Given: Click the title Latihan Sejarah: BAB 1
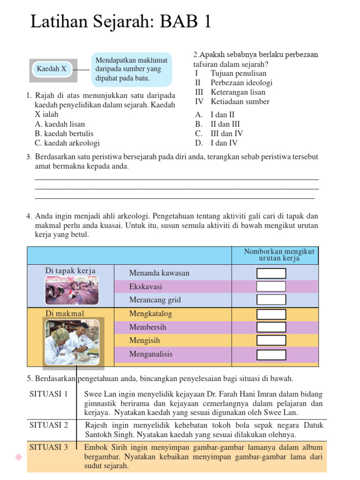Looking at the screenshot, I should (x=121, y=22).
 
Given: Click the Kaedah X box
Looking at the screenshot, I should (x=52, y=69).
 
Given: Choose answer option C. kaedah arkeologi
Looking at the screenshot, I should (x=67, y=143).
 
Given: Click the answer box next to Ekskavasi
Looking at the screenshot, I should (x=271, y=286).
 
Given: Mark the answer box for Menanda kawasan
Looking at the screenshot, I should (x=271, y=273).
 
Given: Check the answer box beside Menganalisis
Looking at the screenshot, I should (x=271, y=354).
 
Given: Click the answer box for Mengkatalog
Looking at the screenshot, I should (x=271, y=314).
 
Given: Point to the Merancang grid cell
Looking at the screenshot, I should (x=155, y=300).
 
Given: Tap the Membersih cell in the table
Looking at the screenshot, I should (x=148, y=327).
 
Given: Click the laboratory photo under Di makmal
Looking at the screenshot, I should (x=72, y=342).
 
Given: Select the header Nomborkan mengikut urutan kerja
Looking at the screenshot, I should (x=279, y=255).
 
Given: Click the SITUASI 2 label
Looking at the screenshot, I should (x=49, y=425).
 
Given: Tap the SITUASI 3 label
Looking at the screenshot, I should (x=49, y=447).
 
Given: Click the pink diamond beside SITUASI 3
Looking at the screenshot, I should (x=19, y=457).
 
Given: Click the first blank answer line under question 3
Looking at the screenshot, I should (x=177, y=179).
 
